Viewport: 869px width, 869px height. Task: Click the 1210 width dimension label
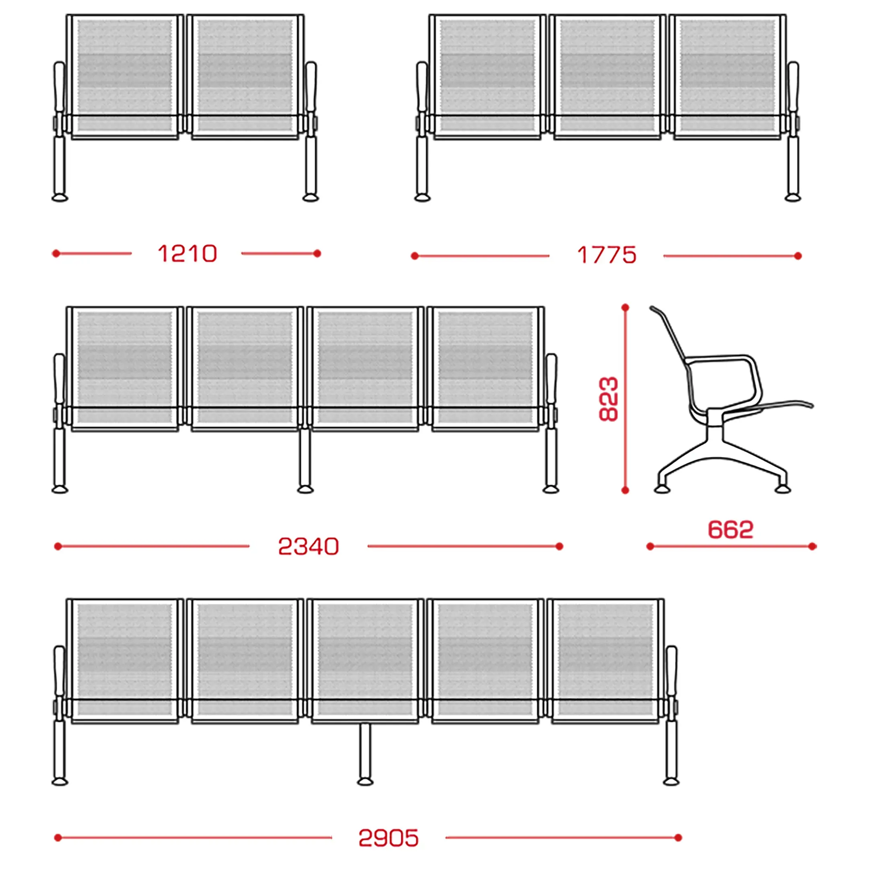[187, 254]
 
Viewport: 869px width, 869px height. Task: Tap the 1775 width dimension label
[606, 255]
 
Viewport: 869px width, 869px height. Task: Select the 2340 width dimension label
[308, 546]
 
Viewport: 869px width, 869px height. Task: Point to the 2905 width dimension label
[389, 838]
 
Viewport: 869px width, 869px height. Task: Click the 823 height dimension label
[609, 399]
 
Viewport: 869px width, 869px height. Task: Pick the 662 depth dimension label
[731, 529]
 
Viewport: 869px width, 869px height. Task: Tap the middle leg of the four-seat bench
[305, 460]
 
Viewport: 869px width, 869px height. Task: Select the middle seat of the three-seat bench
[607, 77]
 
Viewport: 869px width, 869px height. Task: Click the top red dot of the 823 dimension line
[625, 308]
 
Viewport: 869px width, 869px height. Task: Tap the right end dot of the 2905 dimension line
[678, 838]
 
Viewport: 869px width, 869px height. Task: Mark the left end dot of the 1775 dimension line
[415, 256]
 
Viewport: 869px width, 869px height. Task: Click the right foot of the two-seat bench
[310, 198]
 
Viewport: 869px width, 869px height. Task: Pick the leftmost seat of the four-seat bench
[125, 369]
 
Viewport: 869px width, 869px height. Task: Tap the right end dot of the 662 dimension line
[812, 546]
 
